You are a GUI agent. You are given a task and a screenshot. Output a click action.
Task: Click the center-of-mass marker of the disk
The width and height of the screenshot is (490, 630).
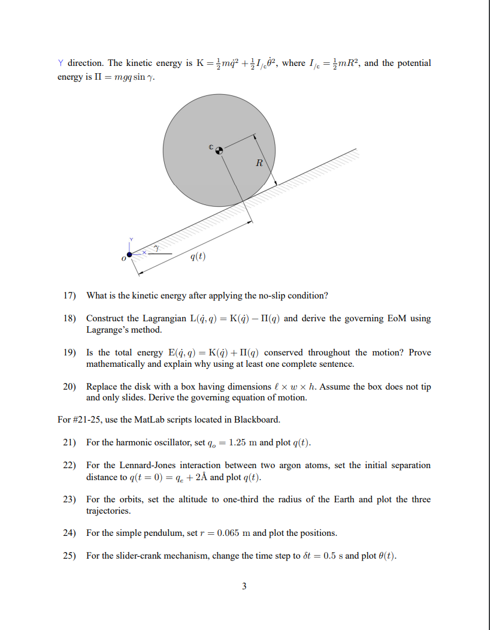tap(219, 151)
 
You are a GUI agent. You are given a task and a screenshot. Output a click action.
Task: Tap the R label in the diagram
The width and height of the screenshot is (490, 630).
tap(259, 162)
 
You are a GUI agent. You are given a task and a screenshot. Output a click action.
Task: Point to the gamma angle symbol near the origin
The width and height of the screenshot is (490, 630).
tap(156, 247)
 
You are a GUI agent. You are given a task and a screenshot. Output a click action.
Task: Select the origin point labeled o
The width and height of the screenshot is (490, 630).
tap(129, 256)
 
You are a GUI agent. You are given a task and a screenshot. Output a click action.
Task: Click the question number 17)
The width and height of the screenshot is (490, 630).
tap(71, 296)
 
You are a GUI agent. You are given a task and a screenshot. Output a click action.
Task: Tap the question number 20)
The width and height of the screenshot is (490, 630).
tap(71, 387)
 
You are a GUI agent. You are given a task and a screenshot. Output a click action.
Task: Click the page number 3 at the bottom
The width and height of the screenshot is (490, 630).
tap(244, 586)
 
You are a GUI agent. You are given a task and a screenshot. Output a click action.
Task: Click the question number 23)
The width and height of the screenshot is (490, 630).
tap(71, 499)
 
